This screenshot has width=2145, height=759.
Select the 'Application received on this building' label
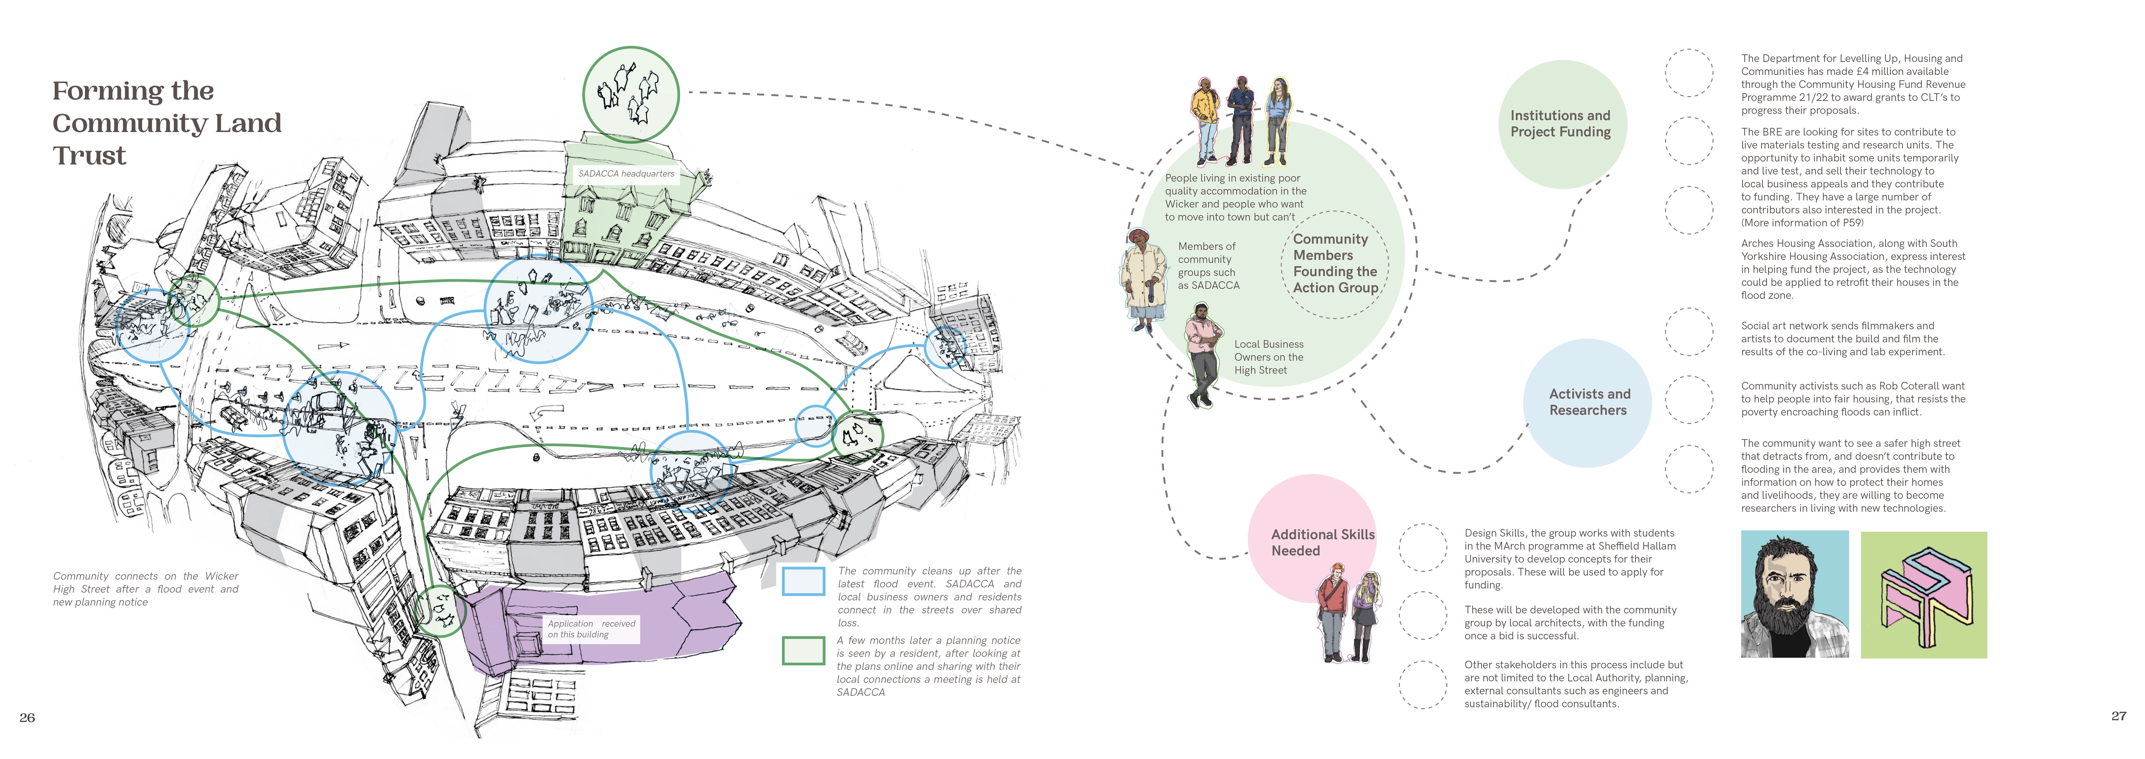(591, 629)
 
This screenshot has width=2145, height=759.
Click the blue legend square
(803, 581)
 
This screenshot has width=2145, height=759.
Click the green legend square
(803, 651)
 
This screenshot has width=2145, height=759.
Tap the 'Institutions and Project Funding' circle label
(1561, 123)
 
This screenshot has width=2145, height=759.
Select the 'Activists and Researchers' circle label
(1589, 402)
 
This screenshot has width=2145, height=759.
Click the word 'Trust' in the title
(90, 156)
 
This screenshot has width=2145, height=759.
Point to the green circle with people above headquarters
(630, 94)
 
